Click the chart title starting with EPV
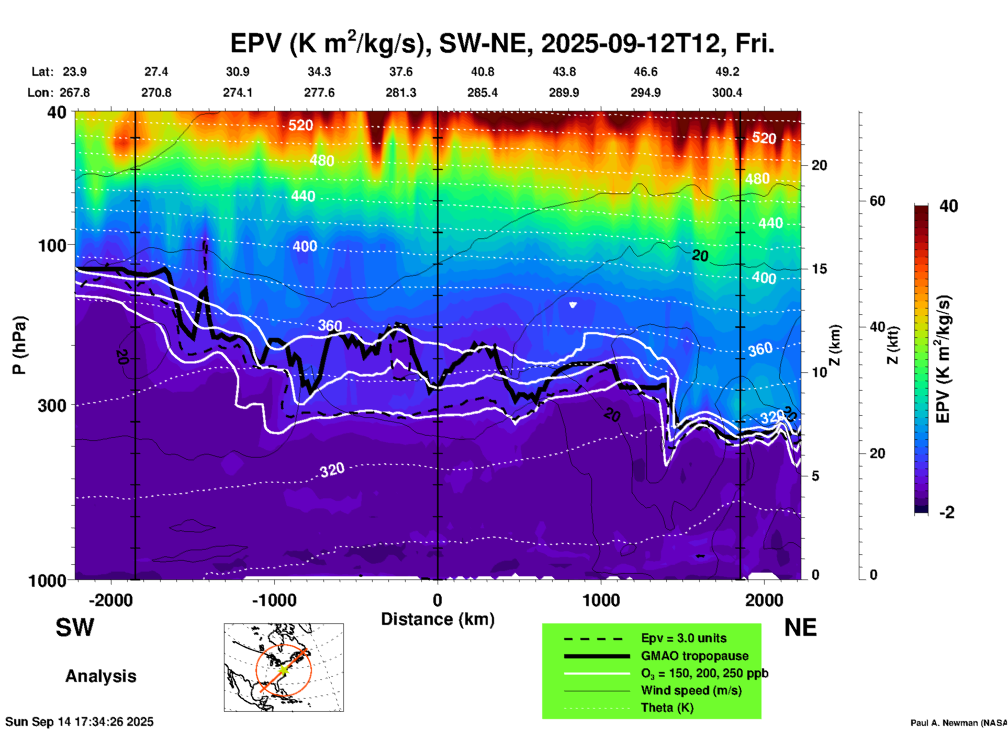tap(502, 43)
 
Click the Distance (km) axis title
tap(438, 619)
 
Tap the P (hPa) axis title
tap(19, 345)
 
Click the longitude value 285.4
tap(483, 93)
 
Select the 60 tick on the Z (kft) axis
tap(877, 201)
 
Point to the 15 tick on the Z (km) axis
tap(819, 269)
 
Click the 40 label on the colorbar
tap(948, 206)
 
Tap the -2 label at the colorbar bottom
tap(947, 512)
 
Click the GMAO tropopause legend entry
tap(695, 656)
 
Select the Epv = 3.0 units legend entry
tap(684, 638)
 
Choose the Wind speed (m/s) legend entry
tap(691, 690)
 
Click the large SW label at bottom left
tap(75, 628)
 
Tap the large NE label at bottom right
tap(800, 628)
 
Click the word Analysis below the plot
tap(100, 676)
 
